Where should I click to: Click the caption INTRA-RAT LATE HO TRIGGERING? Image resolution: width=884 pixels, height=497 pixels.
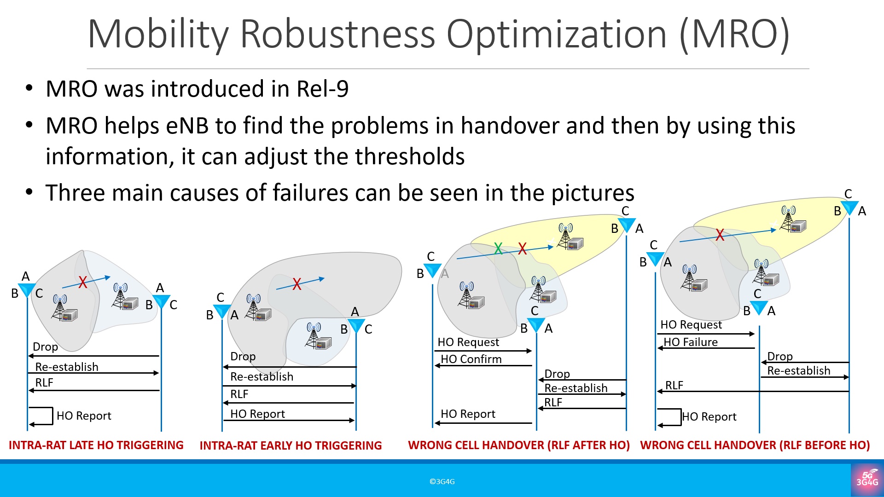tap(96, 445)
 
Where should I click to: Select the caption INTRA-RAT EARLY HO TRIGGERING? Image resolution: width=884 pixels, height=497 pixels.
tap(291, 445)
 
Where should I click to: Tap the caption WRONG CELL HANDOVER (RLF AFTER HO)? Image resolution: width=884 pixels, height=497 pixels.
tap(518, 445)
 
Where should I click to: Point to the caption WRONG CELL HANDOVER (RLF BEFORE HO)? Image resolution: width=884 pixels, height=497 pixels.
tap(755, 445)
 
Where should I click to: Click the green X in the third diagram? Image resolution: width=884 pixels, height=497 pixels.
tap(498, 248)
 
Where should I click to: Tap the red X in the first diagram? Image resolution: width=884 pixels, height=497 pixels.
tap(83, 282)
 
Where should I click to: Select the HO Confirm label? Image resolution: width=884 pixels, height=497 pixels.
tap(471, 359)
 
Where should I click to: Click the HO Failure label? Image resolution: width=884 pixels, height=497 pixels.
tap(691, 342)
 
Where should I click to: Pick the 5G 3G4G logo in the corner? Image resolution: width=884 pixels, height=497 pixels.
tap(867, 479)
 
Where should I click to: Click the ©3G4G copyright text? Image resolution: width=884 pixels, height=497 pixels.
tap(442, 481)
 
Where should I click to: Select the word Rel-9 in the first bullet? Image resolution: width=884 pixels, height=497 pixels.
tap(322, 89)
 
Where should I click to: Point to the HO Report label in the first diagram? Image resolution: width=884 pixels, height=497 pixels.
tap(84, 416)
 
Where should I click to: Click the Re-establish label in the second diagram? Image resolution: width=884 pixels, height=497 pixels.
tap(262, 376)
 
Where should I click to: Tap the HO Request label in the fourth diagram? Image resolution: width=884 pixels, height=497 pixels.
tap(691, 324)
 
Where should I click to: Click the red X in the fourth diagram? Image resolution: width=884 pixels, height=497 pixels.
tap(720, 235)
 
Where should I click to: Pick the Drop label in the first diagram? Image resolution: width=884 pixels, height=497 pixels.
tap(45, 347)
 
